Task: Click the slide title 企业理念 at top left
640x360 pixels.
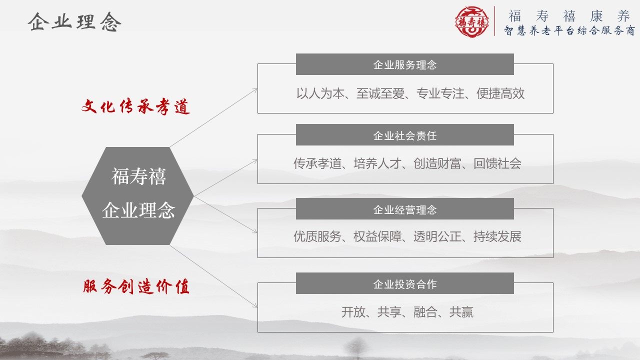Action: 74,21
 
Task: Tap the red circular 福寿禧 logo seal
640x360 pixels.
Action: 471,21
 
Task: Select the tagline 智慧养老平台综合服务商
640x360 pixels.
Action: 569,30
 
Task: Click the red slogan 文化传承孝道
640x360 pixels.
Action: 135,106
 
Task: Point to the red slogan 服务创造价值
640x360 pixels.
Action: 136,286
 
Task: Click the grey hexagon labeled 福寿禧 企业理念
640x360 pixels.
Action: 137,196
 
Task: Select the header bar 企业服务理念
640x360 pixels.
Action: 405,64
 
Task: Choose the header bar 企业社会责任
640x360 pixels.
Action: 405,135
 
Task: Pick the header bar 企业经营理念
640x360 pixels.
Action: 405,209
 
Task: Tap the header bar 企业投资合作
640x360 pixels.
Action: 405,283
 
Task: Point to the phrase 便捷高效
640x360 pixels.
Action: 500,93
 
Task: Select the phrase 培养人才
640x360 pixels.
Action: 377,163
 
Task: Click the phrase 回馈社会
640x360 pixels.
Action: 497,163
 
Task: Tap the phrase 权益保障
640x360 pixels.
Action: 377,236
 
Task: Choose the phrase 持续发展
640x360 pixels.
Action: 497,236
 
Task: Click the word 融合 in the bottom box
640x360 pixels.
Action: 425,312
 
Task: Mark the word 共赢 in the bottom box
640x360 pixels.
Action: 461,312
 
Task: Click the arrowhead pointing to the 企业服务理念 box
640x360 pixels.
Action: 255,90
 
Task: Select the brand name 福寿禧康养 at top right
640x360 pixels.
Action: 569,16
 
